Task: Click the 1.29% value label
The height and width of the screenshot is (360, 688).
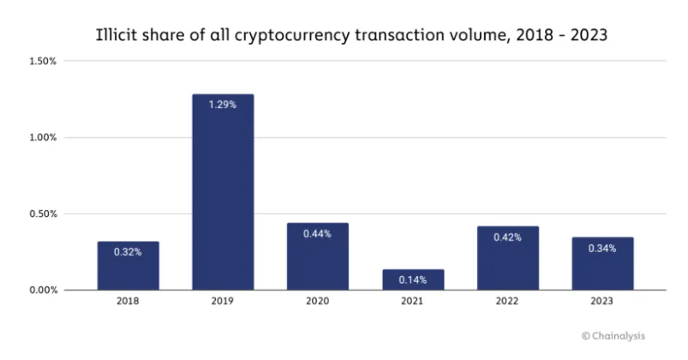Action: coord(223,105)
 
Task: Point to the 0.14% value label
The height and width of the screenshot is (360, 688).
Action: coord(413,279)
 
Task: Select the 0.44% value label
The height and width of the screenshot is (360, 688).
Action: coord(318,233)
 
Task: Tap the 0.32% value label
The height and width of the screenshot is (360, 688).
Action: coord(128,252)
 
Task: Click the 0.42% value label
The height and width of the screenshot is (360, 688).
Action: coord(508,237)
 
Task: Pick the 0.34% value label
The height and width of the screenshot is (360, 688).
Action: coord(602,249)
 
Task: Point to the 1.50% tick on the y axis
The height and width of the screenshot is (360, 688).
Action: coord(43,61)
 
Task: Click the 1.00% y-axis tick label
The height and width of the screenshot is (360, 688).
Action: coord(43,137)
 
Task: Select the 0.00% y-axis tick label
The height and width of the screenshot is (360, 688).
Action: coord(43,290)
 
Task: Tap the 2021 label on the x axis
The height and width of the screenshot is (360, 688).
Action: coord(413,303)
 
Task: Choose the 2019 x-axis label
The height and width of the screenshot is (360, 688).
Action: coord(223,303)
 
